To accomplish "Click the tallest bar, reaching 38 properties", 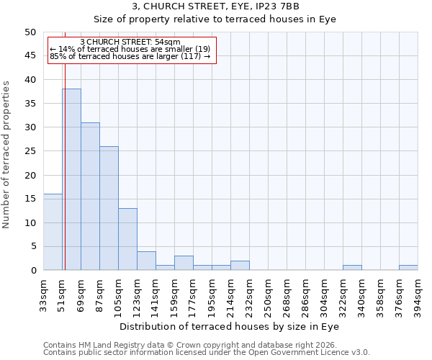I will [x=71, y=179].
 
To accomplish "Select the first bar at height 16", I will [x=53, y=232].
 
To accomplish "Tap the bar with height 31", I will [x=90, y=196].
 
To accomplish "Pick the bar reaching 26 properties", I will [x=109, y=208].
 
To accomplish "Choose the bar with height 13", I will [x=127, y=239].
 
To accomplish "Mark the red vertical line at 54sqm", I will [x=65, y=166].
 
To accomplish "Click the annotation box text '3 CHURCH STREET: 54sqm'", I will [x=130, y=42].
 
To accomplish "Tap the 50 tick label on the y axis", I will [x=30, y=32].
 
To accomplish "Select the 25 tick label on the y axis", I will [x=30, y=151].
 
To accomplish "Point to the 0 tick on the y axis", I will [x=33, y=271].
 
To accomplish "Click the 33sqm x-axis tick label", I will [x=43, y=292].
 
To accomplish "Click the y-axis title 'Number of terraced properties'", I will [x=6, y=154].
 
